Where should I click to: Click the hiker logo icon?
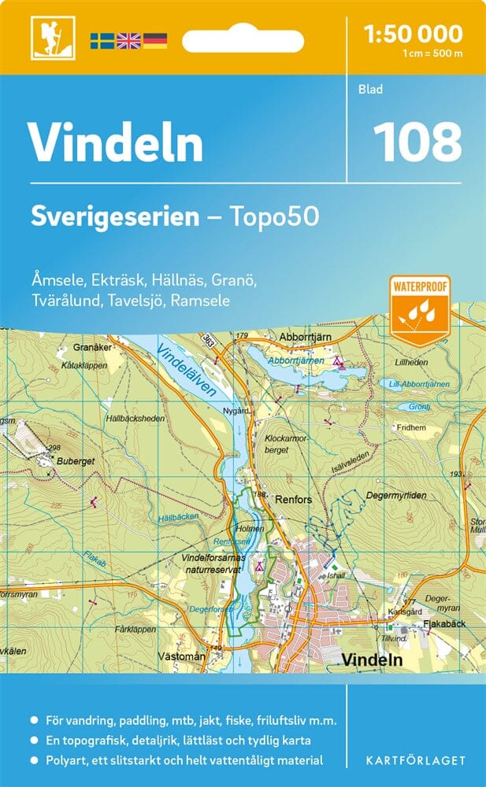tap(46, 37)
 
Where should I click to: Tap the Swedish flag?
tap(102, 40)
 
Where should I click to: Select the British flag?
tap(128, 40)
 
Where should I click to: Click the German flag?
tap(154, 40)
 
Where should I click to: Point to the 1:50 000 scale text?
tap(414, 34)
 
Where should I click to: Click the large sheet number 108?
tap(417, 142)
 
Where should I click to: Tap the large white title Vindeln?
tap(116, 142)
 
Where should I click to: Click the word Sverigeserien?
tap(115, 216)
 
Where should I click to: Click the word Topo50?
tap(275, 216)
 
